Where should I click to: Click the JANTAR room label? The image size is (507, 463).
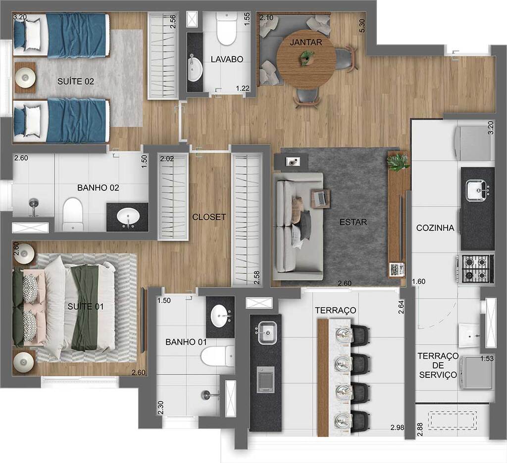point(305,43)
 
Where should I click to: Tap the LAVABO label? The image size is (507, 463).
point(227,59)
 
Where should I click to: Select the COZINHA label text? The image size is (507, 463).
point(435,228)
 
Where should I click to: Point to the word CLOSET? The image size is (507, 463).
point(209,217)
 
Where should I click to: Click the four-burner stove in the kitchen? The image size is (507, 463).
point(477,269)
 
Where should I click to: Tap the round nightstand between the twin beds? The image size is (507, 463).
point(25,77)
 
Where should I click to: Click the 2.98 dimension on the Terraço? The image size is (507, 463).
point(398,428)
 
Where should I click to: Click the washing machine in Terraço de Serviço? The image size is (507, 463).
point(476,372)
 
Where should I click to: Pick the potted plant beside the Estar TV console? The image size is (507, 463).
point(399,162)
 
